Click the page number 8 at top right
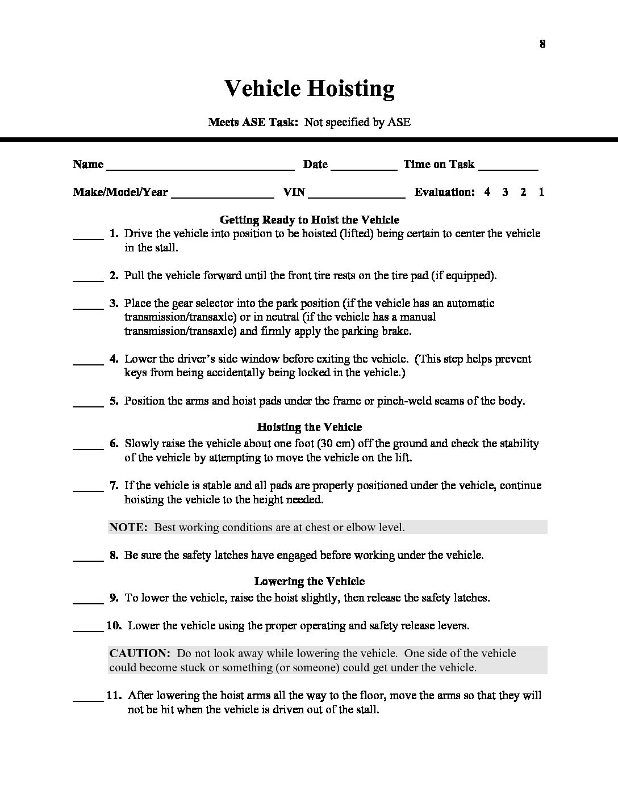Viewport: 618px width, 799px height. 542,44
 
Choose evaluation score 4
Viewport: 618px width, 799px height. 487,192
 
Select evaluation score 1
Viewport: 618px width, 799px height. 541,192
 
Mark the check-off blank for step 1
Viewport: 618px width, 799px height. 88,237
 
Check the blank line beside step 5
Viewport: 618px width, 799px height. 88,405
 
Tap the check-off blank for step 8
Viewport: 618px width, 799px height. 88,559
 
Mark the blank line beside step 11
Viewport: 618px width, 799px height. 88,699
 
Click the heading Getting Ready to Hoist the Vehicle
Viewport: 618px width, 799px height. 310,220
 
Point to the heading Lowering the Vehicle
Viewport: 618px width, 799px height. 310,582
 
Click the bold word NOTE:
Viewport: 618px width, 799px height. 128,527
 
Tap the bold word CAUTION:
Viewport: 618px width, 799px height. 139,653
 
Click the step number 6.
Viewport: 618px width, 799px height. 114,444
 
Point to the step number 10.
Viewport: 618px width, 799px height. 114,626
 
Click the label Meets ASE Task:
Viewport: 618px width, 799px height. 253,122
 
